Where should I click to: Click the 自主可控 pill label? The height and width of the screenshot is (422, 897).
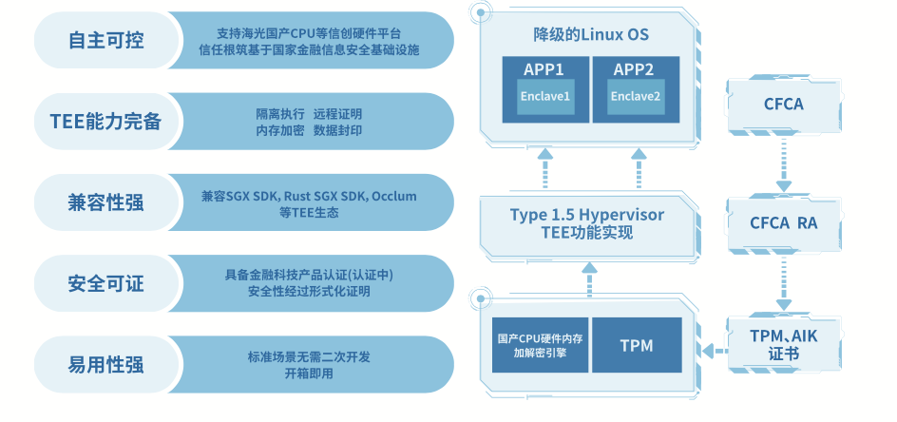106,40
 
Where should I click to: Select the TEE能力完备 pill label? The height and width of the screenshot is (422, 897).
106,122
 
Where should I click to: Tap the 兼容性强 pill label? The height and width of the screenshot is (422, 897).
106,202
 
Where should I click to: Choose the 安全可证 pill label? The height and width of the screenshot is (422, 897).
106,283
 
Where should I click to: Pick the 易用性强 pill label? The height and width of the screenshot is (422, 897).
106,365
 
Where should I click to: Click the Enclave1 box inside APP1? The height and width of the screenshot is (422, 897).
545,96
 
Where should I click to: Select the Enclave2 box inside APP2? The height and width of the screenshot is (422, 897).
636,96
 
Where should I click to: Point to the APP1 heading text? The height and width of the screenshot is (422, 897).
544,69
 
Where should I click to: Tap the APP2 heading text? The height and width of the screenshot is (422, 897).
634,69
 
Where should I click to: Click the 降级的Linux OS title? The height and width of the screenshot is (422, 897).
591,34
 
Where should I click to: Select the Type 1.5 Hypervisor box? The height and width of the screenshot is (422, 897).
589,224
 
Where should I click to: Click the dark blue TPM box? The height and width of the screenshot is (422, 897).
637,345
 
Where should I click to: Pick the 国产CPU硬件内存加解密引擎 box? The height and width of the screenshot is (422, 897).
540,345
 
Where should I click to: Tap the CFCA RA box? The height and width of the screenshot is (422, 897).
784,223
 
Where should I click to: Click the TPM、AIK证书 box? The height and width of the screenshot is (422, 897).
784,343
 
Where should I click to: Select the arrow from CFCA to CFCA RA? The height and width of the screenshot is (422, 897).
784,164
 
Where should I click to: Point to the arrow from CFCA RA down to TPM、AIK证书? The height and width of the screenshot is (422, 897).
784,283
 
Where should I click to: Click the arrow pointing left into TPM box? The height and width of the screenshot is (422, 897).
716,351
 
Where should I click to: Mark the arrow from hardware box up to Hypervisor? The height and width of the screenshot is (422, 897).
590,279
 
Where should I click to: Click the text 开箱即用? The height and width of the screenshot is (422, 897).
309,374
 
